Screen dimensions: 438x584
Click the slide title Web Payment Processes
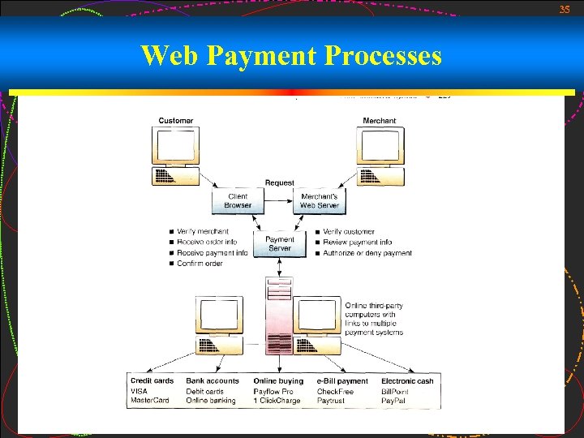291,56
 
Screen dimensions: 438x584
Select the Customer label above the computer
176,121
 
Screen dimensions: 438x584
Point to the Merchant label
380,121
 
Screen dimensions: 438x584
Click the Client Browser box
238,201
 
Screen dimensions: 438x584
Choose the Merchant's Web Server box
320,201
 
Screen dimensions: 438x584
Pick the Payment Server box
280,243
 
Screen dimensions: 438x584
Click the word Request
280,182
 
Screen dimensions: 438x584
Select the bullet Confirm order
200,263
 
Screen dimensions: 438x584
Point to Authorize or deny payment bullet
367,253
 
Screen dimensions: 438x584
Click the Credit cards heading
152,380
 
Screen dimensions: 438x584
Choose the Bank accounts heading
213,380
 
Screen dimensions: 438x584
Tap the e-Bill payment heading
342,380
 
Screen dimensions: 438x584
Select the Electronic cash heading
407,380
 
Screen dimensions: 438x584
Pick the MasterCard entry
150,400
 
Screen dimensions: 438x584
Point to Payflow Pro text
274,391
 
